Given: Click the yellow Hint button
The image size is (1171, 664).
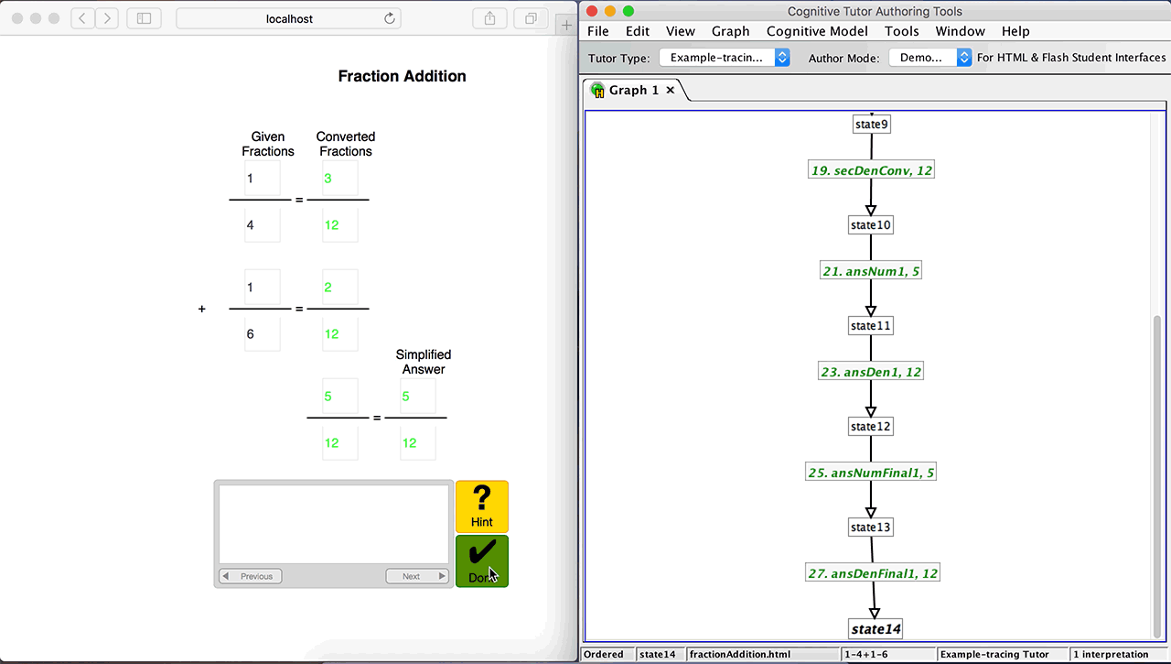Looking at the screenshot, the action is click(481, 506).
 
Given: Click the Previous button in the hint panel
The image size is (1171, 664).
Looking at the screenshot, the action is click(251, 576).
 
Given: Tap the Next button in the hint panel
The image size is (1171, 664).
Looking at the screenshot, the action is click(416, 576).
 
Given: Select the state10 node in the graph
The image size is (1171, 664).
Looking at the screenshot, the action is click(870, 225).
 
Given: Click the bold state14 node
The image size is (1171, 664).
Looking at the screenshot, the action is click(876, 629).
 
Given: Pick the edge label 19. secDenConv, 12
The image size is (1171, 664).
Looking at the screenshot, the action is click(871, 170).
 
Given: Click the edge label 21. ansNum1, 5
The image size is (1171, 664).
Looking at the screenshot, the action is click(870, 271).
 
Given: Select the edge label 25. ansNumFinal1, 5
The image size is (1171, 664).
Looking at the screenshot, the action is click(870, 473).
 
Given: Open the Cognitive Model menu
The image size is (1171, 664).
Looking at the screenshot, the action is click(817, 31).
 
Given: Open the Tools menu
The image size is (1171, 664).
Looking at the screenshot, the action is click(901, 31).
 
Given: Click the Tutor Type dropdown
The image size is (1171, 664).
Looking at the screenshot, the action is click(725, 58).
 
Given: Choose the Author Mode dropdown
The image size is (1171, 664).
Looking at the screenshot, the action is click(930, 58).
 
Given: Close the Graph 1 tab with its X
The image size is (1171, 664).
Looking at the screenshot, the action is click(670, 90).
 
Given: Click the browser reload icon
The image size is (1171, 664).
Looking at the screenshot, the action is click(390, 19).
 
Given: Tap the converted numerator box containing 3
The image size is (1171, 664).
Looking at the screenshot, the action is click(340, 179).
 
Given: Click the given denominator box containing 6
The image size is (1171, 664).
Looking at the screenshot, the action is click(263, 333).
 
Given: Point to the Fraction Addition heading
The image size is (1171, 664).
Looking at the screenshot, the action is click(402, 76).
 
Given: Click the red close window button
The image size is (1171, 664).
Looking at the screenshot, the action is click(592, 11).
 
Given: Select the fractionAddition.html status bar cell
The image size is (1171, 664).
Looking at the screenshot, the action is click(762, 654).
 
